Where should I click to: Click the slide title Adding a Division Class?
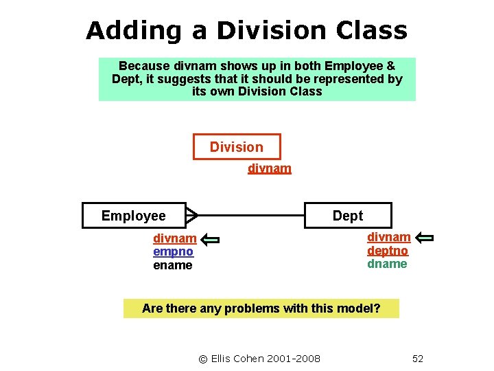tap(246, 30)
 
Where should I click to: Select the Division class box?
tap(236, 147)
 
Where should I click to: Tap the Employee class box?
tap(134, 216)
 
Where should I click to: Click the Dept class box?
tap(348, 216)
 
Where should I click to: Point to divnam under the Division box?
tap(269, 168)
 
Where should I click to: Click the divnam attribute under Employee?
tap(174, 238)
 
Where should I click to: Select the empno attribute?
tap(173, 251)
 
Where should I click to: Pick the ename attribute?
tap(173, 265)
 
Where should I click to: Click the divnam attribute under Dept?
tap(388, 237)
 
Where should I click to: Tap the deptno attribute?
tap(388, 251)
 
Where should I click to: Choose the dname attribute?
tap(387, 264)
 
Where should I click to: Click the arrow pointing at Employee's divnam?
tap(211, 239)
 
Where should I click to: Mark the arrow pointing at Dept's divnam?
tap(425, 238)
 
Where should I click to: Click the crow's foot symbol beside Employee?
tap(191, 216)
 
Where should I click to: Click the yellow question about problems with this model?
tap(261, 308)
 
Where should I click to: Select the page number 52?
tap(417, 359)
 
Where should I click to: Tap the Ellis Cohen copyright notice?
tap(259, 359)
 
